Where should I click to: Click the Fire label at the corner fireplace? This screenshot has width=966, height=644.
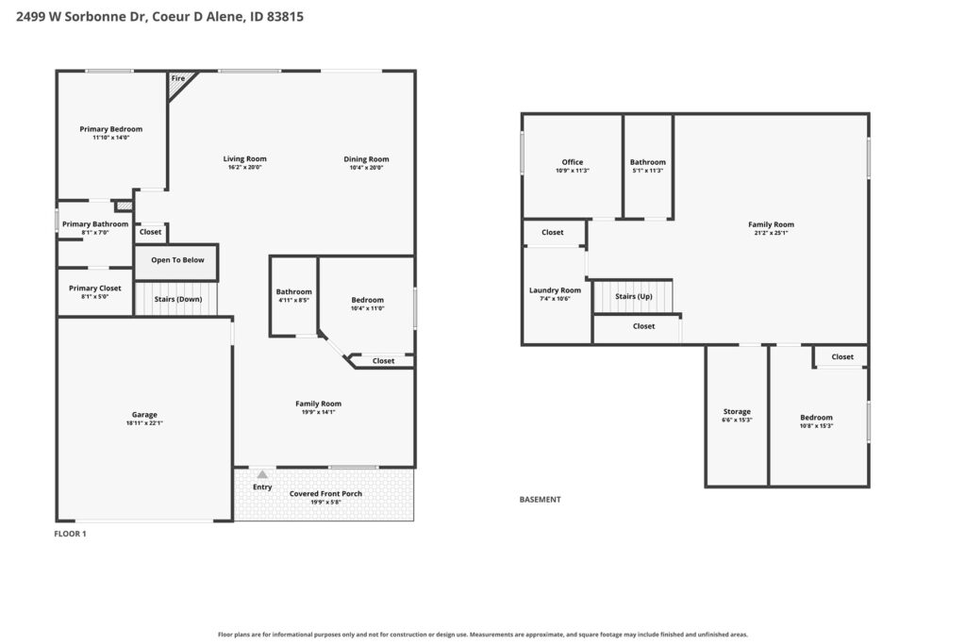(x=178, y=78)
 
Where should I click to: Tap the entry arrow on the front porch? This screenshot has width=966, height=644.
(x=262, y=474)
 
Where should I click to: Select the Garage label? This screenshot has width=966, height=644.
(x=144, y=414)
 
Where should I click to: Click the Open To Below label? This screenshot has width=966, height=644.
(x=177, y=260)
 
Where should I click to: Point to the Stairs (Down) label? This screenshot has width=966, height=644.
(x=178, y=299)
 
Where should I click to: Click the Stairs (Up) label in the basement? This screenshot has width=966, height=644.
(x=633, y=296)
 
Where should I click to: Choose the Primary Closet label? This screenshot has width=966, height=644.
(x=95, y=289)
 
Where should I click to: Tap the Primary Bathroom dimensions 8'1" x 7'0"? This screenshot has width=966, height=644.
(x=95, y=233)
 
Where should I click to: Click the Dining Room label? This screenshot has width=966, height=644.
(x=366, y=158)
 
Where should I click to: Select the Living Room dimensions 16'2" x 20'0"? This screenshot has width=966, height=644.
(x=244, y=167)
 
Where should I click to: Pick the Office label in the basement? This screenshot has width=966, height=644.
(x=573, y=162)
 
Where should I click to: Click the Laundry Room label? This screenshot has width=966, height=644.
(x=555, y=290)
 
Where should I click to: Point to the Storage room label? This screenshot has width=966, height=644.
(x=737, y=411)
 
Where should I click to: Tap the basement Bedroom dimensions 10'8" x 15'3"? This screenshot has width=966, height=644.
(x=816, y=425)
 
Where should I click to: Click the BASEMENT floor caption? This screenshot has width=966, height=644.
(x=540, y=500)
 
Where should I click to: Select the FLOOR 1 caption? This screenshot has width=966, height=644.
(x=70, y=534)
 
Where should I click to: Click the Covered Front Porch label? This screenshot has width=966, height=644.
(x=325, y=494)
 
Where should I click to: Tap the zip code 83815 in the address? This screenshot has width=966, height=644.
(x=285, y=17)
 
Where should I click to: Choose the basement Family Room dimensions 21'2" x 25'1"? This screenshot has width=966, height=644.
(x=771, y=233)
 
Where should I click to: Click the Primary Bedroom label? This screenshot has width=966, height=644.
(x=111, y=129)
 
